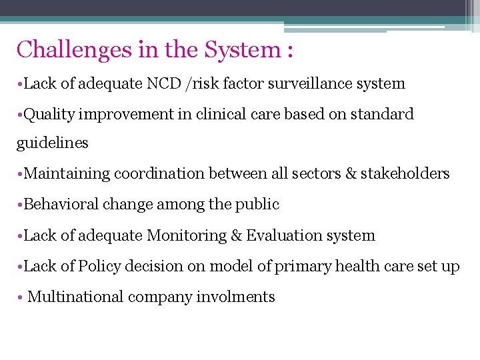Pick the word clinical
[220, 114]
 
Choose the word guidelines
[53, 143]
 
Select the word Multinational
[75, 297]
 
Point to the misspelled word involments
[235, 297]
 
